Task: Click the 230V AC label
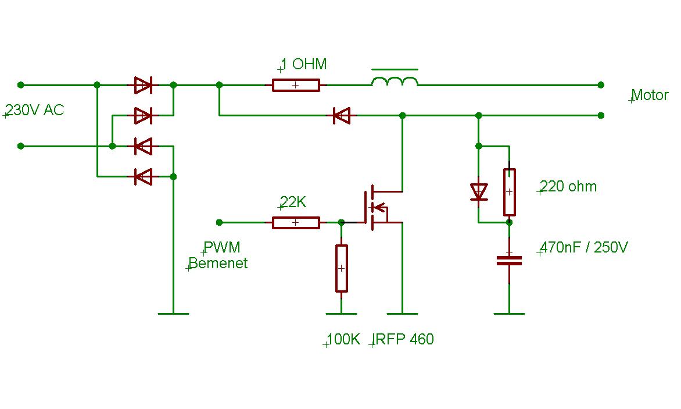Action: pos(35,111)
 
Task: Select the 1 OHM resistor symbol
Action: pos(296,85)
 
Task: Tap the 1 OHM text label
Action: pos(303,65)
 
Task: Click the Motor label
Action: pos(650,95)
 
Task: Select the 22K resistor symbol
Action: pos(296,223)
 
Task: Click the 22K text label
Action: pos(293,202)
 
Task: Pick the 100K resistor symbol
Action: pos(341,268)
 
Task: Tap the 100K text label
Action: pos(343,339)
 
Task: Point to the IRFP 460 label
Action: pos(403,339)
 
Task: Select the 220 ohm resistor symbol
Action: pos(510,192)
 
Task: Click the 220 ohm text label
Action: pos(568,187)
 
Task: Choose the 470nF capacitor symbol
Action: pos(510,261)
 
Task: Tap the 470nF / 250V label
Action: pos(584,248)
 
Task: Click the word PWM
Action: pos(221,247)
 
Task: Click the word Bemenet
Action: pos(218,263)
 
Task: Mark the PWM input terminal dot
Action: pos(219,223)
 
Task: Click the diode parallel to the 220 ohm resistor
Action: pos(479,191)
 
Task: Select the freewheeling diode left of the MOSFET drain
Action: pos(341,116)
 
